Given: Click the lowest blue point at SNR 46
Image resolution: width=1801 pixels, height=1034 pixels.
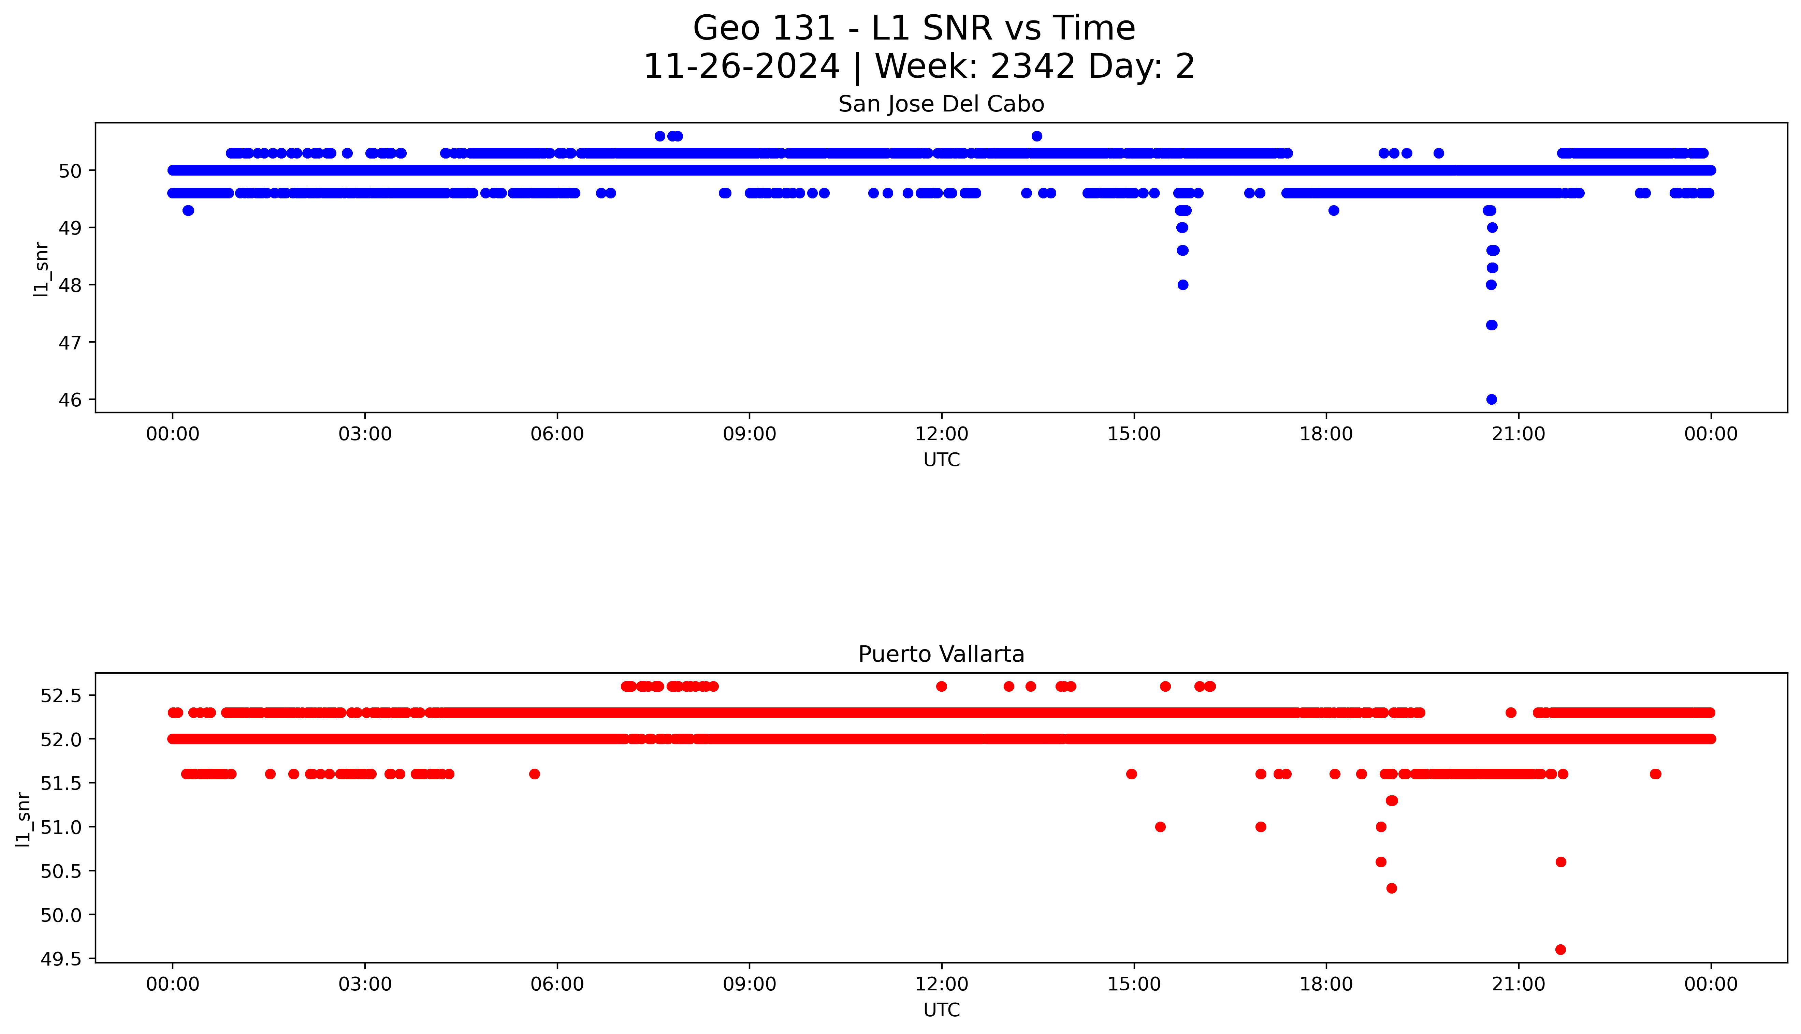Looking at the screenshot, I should click(1491, 399).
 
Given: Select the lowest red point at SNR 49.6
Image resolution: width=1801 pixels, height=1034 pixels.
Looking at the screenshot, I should click(1560, 949).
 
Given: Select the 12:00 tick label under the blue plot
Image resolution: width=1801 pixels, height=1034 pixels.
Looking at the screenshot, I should click(941, 434).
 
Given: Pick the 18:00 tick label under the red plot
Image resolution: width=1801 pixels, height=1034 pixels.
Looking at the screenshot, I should click(1326, 984).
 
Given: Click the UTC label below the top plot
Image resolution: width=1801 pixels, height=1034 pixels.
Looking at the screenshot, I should click(941, 460).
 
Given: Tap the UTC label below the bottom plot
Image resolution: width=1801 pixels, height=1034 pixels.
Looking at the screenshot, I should click(941, 1010).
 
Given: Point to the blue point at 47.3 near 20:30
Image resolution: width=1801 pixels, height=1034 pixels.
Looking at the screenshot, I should click(1491, 325).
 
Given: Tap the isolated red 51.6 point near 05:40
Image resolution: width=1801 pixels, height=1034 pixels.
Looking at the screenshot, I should click(534, 774).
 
